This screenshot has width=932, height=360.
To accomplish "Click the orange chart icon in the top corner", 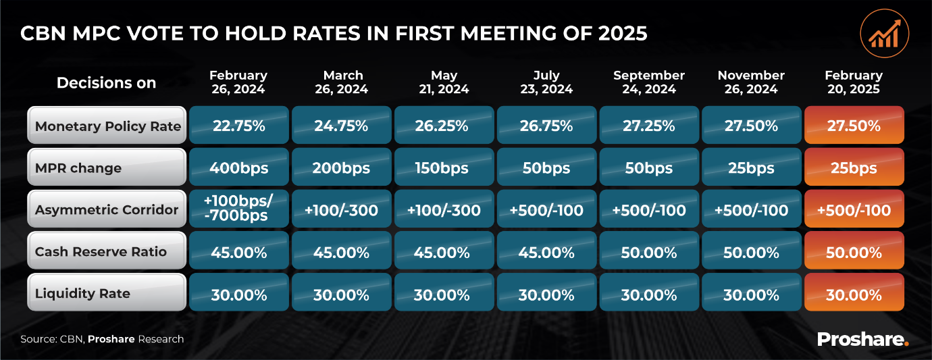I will click(x=884, y=32).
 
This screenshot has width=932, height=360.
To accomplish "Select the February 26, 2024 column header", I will click(x=238, y=82).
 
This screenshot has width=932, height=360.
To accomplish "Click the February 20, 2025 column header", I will click(x=854, y=82).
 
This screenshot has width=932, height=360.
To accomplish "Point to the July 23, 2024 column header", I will click(x=546, y=82).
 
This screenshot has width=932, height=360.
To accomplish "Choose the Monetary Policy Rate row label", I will click(x=107, y=126).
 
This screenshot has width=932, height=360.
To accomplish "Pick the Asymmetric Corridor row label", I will click(x=107, y=209).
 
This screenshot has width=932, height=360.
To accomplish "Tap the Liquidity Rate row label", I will click(x=107, y=294).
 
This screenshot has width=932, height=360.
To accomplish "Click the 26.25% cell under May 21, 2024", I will click(x=444, y=126).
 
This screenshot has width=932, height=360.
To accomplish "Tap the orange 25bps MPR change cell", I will click(x=854, y=168).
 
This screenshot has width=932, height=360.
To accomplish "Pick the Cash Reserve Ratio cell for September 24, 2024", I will click(x=649, y=253).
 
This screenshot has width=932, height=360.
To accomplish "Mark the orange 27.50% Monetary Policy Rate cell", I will click(x=854, y=126).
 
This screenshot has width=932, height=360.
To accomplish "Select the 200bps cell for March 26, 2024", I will click(x=341, y=168).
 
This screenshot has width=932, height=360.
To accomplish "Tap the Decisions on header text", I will click(x=106, y=83).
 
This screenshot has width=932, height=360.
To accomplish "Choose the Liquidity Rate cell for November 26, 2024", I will click(x=752, y=294).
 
